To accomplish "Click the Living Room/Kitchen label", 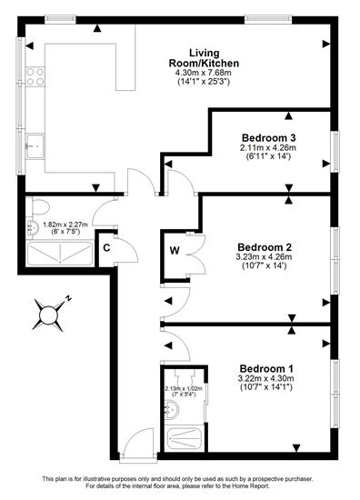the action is (x=204, y=57).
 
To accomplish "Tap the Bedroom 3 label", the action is (x=269, y=138).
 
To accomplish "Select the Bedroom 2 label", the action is (x=265, y=247).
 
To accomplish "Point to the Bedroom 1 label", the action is (x=266, y=369).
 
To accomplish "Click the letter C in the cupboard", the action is (x=107, y=247).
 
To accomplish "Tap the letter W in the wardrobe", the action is (x=175, y=251).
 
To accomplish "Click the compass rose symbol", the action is (x=48, y=315).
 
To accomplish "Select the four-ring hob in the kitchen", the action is (x=35, y=77).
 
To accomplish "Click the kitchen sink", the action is (x=35, y=146).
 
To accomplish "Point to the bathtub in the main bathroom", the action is (x=60, y=254).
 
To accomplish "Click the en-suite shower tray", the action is (x=185, y=439).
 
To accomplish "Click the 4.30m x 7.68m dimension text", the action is (x=204, y=73).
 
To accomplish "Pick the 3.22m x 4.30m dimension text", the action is (x=266, y=378).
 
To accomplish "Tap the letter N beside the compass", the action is (x=68, y=298).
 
